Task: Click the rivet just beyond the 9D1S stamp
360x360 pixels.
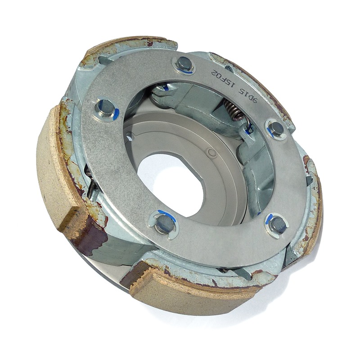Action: [x=277, y=129]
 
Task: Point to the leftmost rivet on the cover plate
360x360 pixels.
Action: [x=105, y=108]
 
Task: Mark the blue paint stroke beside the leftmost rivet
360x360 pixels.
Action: [x=116, y=112]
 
